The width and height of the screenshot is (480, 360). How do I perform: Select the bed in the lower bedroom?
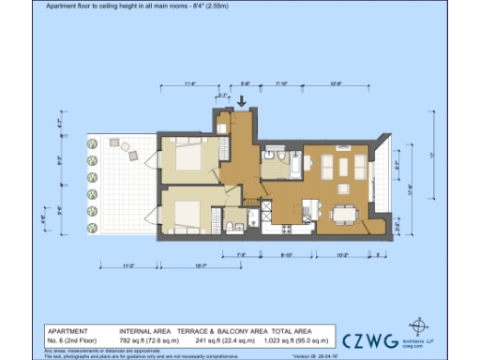pyautogui.click(x=187, y=213)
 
